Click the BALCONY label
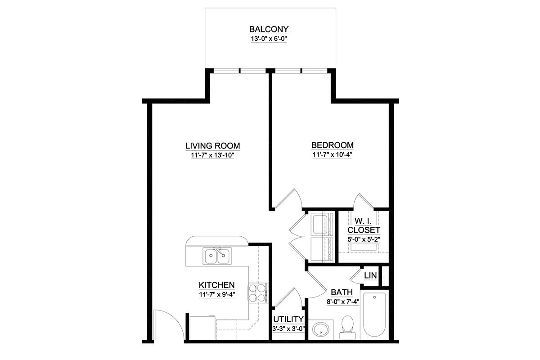click(x=269, y=29)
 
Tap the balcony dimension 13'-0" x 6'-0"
click(x=269, y=39)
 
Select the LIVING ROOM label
click(x=212, y=146)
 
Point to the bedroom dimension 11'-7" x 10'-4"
click(x=333, y=154)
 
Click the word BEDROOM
click(x=333, y=145)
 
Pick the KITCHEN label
click(x=216, y=285)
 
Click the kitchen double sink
click(x=217, y=256)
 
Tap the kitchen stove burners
click(x=257, y=293)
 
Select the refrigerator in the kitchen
click(x=202, y=328)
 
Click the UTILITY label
click(x=288, y=319)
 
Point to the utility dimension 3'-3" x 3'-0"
click(x=288, y=328)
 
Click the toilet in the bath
click(x=347, y=328)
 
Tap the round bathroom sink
click(x=320, y=329)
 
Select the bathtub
click(x=374, y=315)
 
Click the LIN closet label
click(x=370, y=275)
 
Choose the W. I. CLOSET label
click(x=364, y=226)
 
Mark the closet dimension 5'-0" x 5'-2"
click(x=364, y=239)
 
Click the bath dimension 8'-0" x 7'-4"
click(x=343, y=301)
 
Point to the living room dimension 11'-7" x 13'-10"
click(x=212, y=155)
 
